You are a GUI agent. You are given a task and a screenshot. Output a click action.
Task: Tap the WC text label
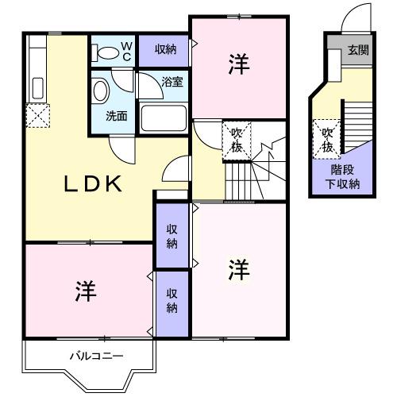click(x=126, y=52)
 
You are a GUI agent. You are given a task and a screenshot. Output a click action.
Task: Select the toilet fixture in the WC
click(x=104, y=52)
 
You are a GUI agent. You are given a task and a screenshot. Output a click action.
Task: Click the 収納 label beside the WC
click(x=166, y=50)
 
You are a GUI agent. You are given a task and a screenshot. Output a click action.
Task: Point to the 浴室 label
click(x=172, y=82)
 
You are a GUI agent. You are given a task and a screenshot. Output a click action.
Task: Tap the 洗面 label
click(x=117, y=116)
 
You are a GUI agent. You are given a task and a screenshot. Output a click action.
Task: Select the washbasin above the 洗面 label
click(x=101, y=91)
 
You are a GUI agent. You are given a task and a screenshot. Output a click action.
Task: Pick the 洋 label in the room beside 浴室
click(x=237, y=64)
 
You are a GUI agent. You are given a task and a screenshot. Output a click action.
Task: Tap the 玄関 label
click(x=358, y=50)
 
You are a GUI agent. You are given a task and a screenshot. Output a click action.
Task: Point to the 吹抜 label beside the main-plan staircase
click(x=237, y=139)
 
